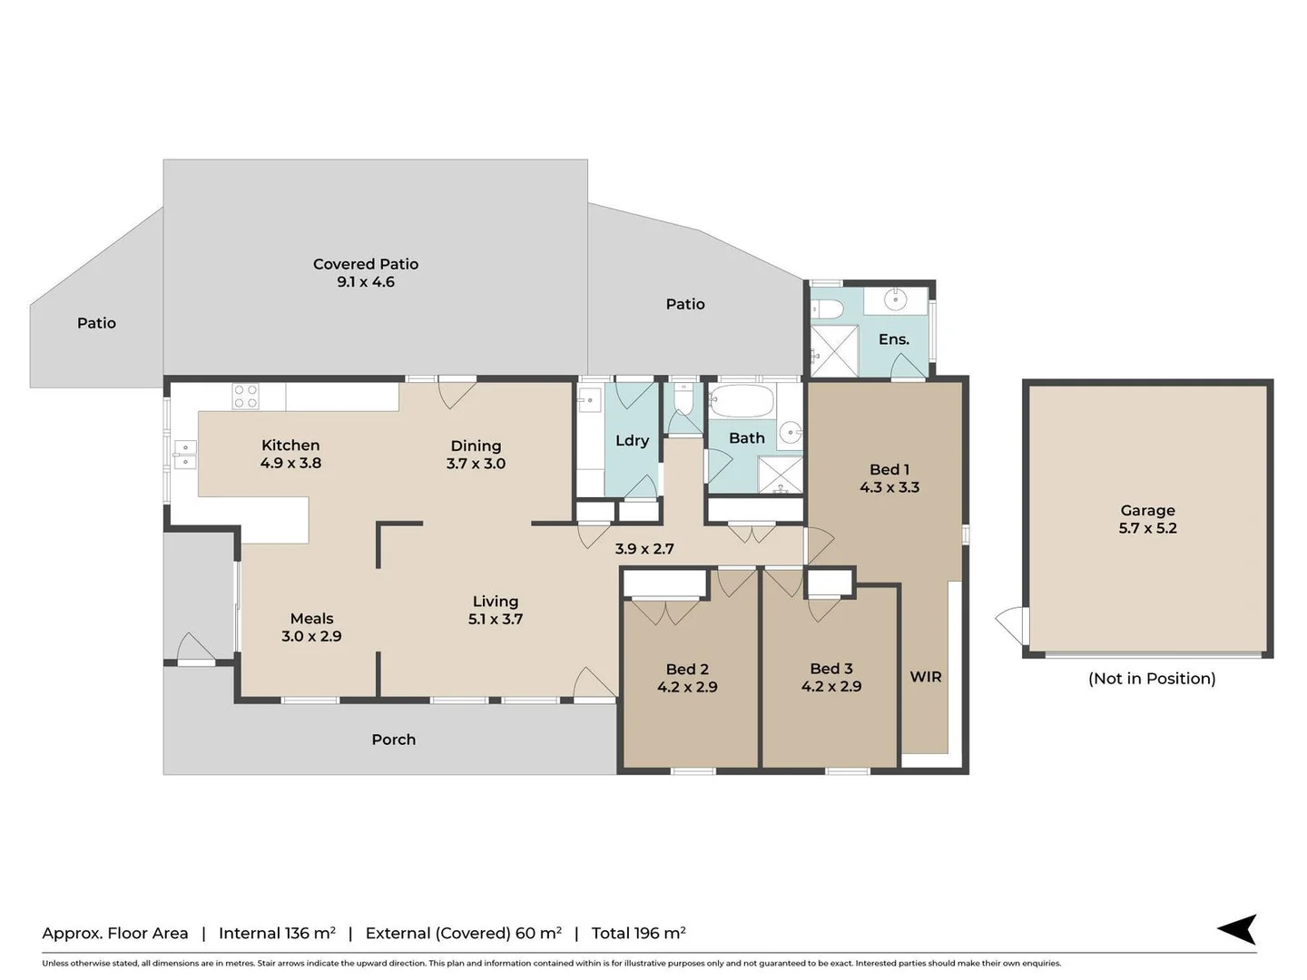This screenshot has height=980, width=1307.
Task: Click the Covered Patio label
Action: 366,264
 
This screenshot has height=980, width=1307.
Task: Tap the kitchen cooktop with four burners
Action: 245,397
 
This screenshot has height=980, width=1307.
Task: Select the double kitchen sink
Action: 185,455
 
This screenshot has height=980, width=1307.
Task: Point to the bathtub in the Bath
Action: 742,400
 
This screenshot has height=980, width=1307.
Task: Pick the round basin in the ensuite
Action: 895,299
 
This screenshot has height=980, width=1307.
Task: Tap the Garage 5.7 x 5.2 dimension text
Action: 1147,528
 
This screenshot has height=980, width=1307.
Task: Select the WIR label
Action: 926,677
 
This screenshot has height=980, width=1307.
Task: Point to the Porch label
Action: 394,740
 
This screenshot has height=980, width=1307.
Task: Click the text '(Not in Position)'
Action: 1152,679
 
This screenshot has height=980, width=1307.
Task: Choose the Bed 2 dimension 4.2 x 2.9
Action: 687,687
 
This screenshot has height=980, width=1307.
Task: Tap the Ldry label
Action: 632,440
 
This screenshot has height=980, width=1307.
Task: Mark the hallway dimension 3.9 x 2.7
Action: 644,549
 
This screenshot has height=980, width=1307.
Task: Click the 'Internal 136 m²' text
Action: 277,933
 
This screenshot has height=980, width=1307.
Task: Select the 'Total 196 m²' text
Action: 638,933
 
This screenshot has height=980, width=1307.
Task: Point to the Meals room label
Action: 311,618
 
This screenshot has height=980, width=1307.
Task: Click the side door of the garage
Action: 1012,625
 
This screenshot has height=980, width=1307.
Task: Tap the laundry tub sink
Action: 588,400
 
